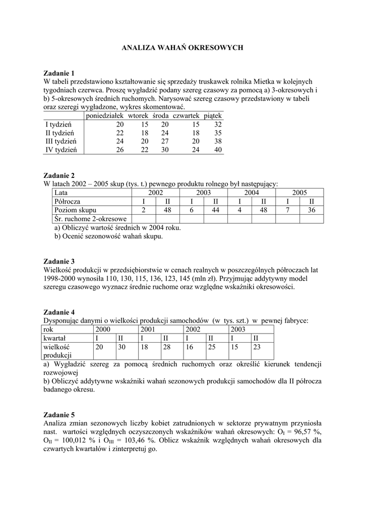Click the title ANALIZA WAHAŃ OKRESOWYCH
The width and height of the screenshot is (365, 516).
[x=183, y=47]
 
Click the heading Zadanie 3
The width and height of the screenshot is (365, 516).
[x=59, y=262]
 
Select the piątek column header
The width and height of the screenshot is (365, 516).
[x=212, y=115]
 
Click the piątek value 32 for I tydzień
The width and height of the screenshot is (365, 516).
[x=217, y=124]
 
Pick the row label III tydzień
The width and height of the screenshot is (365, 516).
[x=60, y=141]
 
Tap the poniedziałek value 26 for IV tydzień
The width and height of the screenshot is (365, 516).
[x=119, y=150]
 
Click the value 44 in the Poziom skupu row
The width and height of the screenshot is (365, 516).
[x=215, y=210]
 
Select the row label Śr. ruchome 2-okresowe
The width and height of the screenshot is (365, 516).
[x=90, y=219]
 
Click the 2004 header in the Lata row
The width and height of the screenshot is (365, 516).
[x=252, y=192]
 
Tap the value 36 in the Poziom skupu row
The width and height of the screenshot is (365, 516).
[x=312, y=210]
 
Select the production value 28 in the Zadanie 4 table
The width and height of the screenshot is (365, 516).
[x=167, y=347]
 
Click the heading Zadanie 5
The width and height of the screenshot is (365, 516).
[x=59, y=415]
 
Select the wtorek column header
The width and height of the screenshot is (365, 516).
[x=138, y=115]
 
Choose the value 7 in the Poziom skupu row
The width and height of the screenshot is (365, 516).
[x=287, y=210]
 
